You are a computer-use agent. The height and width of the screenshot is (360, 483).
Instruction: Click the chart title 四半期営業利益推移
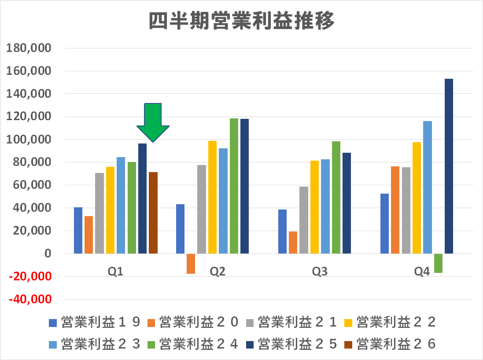pyautogui.click(x=241, y=21)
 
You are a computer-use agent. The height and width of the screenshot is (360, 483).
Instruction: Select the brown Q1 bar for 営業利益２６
pyautogui.click(x=153, y=213)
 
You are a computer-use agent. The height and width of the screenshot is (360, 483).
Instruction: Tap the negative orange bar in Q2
pyautogui.click(x=191, y=264)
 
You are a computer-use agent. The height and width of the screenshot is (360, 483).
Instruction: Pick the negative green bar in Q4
pyautogui.click(x=438, y=263)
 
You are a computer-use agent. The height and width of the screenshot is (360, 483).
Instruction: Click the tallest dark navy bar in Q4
pyautogui.click(x=449, y=166)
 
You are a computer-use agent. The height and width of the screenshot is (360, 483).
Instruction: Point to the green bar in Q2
pyautogui.click(x=234, y=186)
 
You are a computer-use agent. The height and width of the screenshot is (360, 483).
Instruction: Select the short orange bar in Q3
pyautogui.click(x=293, y=242)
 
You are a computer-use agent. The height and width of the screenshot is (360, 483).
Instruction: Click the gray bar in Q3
pyautogui.click(x=304, y=220)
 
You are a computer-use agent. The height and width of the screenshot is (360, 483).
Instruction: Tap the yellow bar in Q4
pyautogui.click(x=417, y=198)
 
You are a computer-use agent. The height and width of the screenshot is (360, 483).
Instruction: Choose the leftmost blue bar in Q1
pyautogui.click(x=78, y=230)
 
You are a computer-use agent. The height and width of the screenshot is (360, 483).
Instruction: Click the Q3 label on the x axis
pyautogui.click(x=320, y=272)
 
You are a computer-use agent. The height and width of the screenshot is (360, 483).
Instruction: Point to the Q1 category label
pyautogui.click(x=115, y=272)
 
